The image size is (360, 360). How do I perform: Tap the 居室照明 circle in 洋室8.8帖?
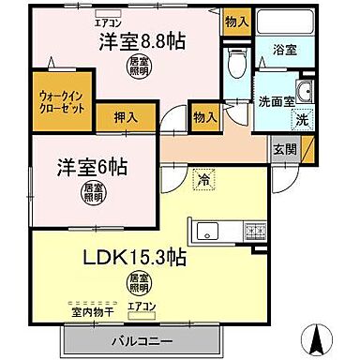pos(136,66)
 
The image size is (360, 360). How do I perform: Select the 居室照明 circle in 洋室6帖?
pos(91,193)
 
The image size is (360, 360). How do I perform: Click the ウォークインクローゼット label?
pos(65,100)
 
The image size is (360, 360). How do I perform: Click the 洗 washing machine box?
pos(301,120)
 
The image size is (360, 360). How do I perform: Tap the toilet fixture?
pos(236,63)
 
